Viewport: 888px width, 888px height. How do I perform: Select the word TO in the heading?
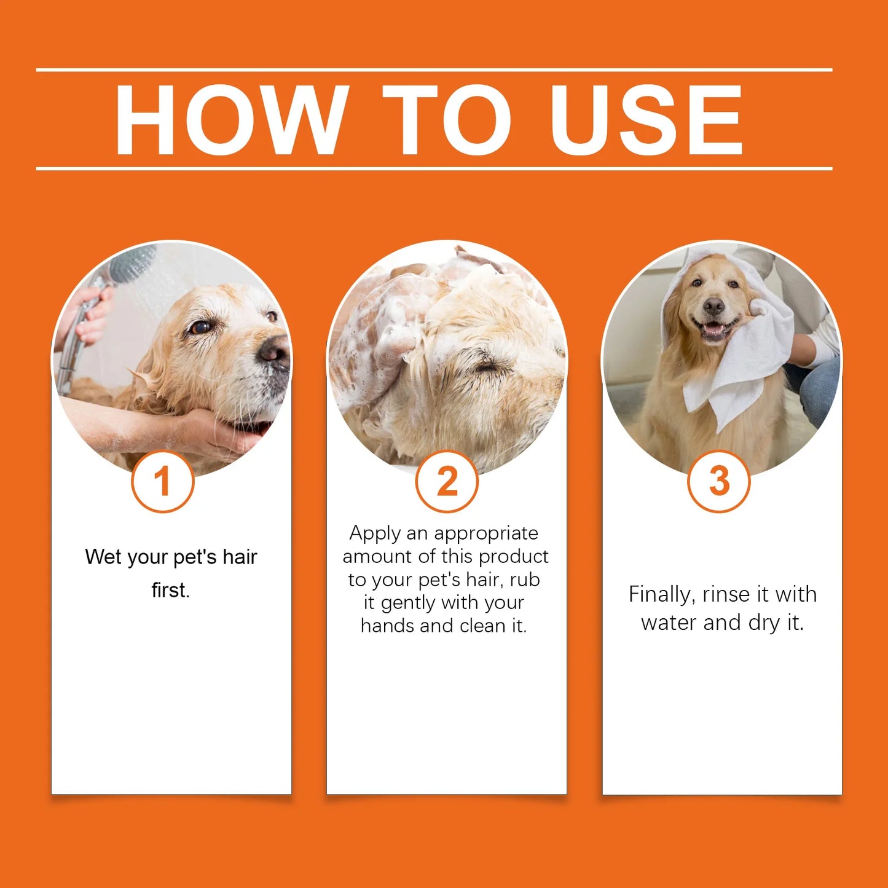pos(447,119)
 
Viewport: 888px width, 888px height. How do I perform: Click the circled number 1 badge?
pos(162,481)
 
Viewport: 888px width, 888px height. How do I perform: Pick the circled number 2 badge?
pos(447,481)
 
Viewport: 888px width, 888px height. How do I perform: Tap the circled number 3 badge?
pos(718,481)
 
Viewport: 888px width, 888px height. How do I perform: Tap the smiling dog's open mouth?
pos(714,330)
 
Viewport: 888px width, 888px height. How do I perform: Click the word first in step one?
pos(170,590)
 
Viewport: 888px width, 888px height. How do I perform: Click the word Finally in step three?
pos(661,594)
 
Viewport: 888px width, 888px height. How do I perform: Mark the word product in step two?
pos(513,556)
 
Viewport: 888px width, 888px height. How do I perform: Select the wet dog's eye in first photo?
pos(200,327)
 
